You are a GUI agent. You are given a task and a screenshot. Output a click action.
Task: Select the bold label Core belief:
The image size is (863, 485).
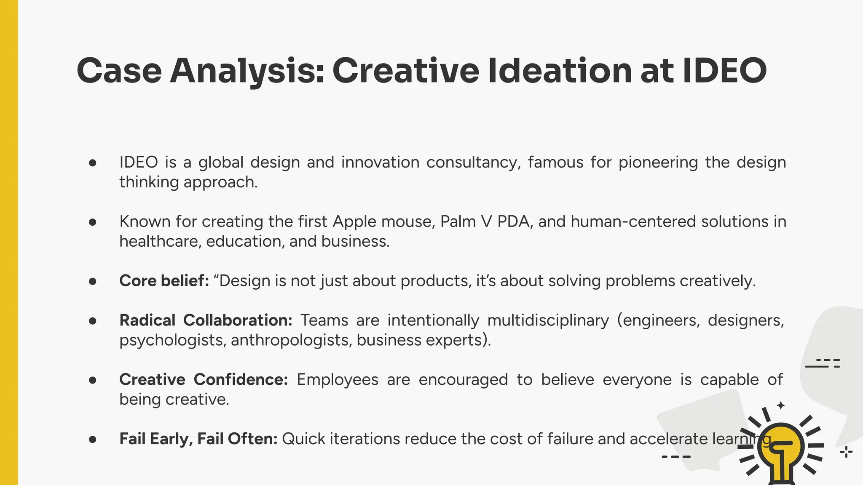coord(164,281)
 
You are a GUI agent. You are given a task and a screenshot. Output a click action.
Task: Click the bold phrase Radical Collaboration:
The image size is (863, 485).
coord(206,320)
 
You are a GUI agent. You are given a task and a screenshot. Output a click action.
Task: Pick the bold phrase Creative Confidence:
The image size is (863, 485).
coord(204,380)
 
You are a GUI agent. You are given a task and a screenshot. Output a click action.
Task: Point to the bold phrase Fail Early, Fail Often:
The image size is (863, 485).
coord(198,439)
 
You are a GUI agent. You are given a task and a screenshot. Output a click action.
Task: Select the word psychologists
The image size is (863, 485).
coord(173,340)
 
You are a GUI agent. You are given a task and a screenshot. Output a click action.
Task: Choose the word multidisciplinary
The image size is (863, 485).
coord(548,320)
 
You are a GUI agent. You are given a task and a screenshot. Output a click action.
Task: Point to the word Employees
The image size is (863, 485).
coord(338,380)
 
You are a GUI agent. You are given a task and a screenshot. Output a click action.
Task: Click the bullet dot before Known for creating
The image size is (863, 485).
coord(93,222)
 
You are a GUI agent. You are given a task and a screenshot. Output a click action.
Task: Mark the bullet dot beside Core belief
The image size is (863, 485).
coord(93,281)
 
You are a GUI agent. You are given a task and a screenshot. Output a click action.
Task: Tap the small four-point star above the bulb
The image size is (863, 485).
coord(781,405)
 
